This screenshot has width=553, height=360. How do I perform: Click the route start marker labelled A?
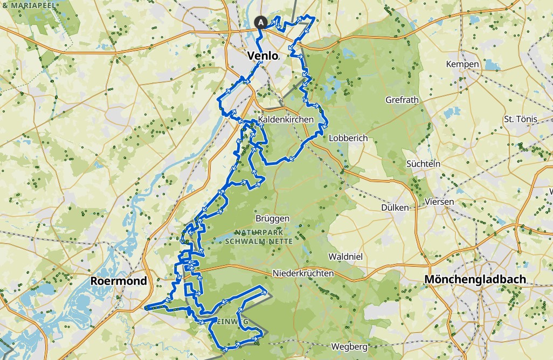click(260, 22)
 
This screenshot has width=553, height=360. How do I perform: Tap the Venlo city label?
click(262, 56)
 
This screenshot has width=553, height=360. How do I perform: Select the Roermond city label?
click(119, 281)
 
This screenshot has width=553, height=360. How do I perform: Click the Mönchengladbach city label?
click(475, 279)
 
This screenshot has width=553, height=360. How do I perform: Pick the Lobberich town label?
click(348, 138)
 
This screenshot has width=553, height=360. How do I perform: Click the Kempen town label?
click(462, 64)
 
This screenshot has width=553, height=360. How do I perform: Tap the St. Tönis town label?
click(519, 119)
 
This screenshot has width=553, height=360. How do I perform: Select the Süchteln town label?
click(423, 163)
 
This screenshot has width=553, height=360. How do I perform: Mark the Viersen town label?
click(439, 202)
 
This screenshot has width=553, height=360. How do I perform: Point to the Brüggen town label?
click(273, 219)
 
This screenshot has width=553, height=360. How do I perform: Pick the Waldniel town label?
click(343, 257)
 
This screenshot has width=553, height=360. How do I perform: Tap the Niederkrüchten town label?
click(303, 274)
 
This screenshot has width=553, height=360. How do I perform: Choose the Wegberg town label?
click(349, 346)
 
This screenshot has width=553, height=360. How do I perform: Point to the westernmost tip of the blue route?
click(146, 308)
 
